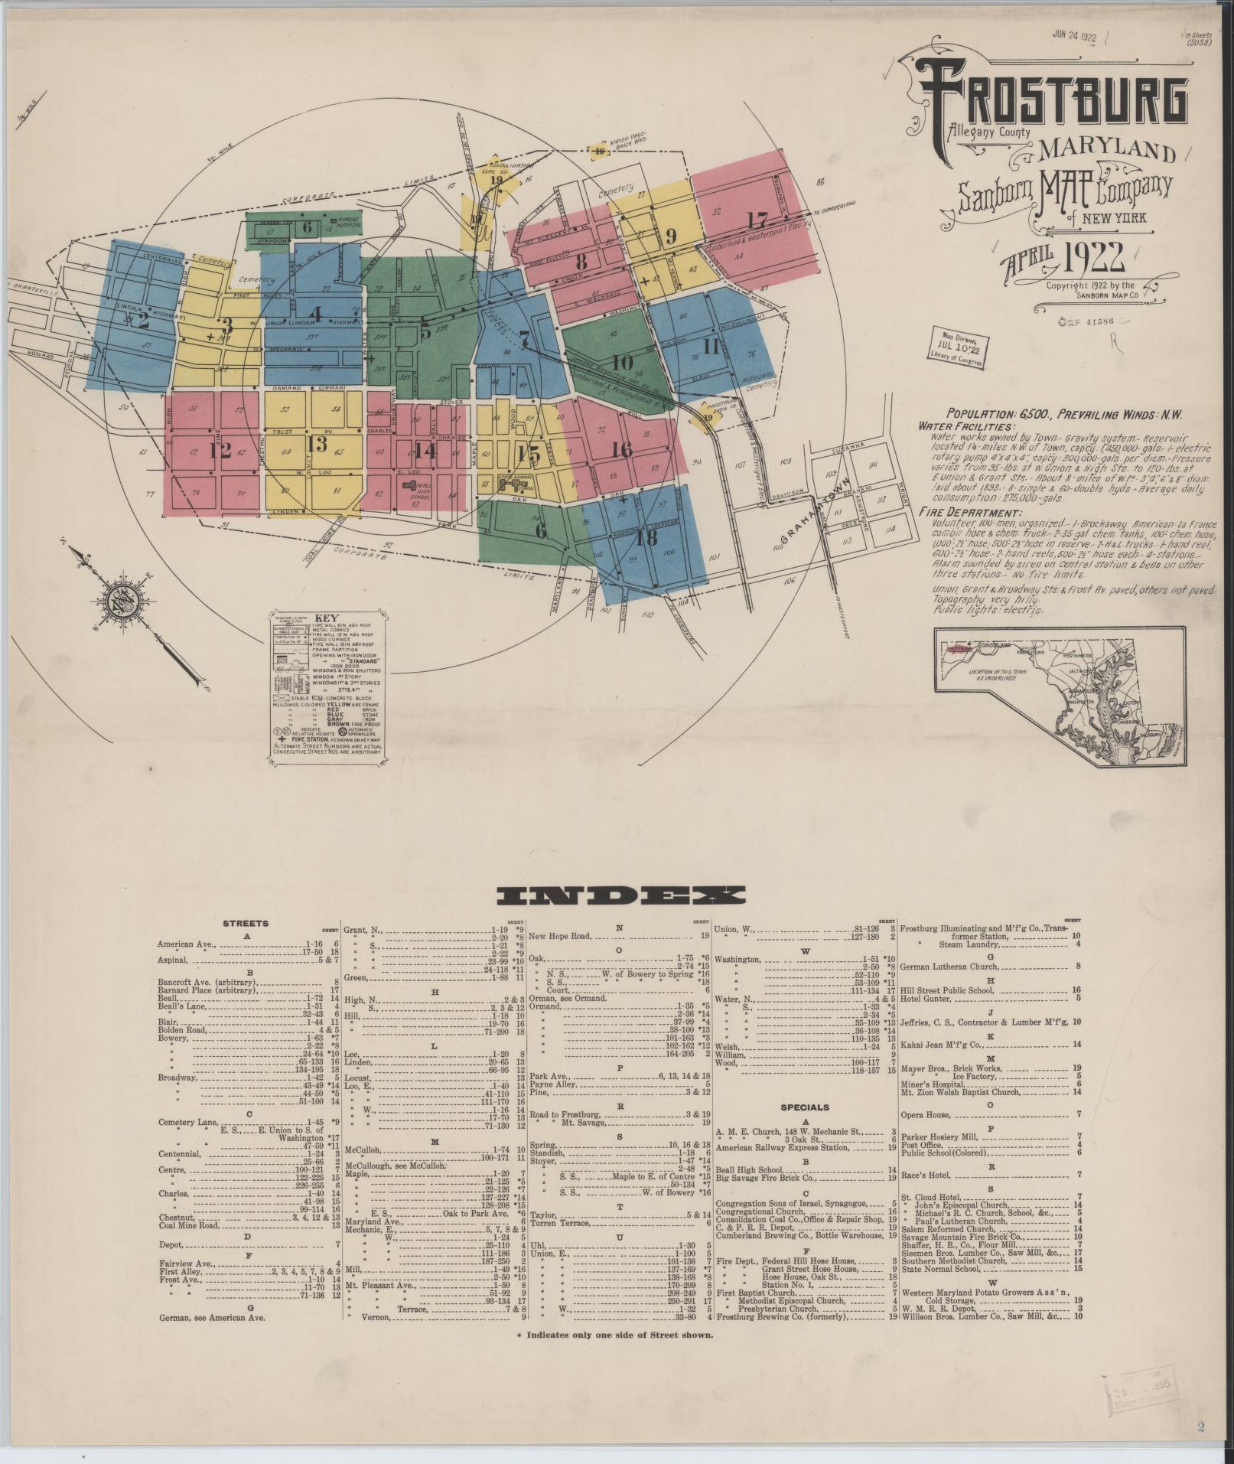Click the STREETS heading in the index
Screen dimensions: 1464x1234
coord(245,924)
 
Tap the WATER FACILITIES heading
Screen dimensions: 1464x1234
coord(967,426)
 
